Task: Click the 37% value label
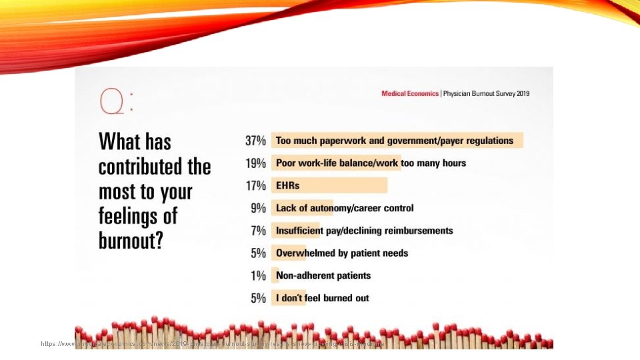[255, 141]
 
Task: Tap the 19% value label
[255, 163]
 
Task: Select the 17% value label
[255, 185]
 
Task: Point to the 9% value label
[258, 208]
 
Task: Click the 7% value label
[258, 231]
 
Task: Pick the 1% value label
[258, 275]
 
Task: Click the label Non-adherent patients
[323, 275]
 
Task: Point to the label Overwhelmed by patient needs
[342, 253]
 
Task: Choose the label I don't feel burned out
[323, 298]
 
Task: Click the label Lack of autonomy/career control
[345, 208]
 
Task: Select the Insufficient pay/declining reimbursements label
[364, 231]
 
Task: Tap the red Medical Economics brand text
[409, 94]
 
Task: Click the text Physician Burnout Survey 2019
[486, 94]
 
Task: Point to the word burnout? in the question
[131, 241]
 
